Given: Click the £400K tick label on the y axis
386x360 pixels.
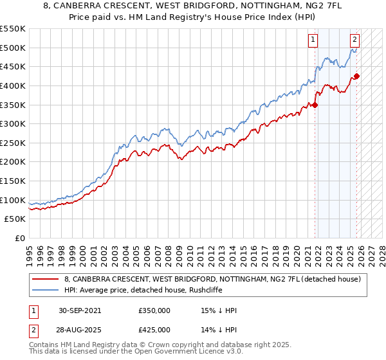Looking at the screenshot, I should click(13, 85).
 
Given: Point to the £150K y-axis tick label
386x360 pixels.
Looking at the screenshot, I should click(13, 181).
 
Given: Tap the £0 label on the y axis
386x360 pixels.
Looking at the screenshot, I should click(19, 238).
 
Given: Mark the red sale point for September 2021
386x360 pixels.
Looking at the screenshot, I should click(315, 105).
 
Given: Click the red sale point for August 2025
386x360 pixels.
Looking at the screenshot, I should click(357, 76).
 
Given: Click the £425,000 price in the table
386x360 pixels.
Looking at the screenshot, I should click(154, 330).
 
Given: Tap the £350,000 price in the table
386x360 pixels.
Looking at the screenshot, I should click(154, 310).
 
